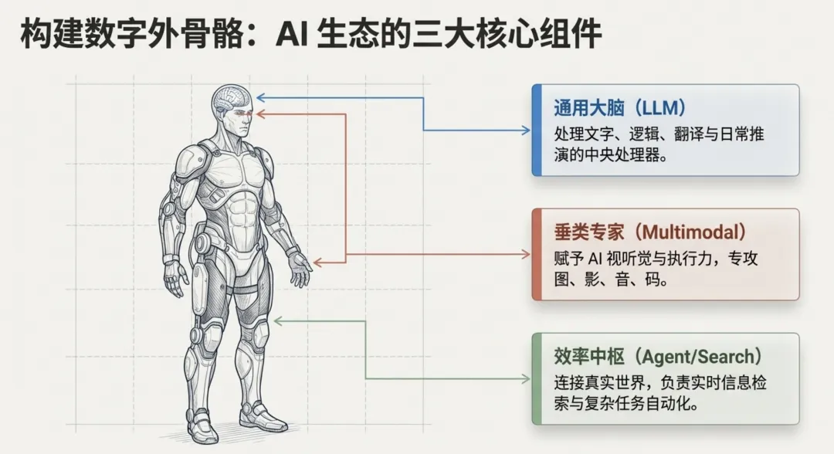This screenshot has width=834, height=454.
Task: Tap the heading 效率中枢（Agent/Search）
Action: (658, 357)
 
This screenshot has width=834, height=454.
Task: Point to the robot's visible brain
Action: (232, 98)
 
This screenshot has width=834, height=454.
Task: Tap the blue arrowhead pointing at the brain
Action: (260, 97)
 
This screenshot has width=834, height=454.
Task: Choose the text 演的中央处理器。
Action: (610, 155)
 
